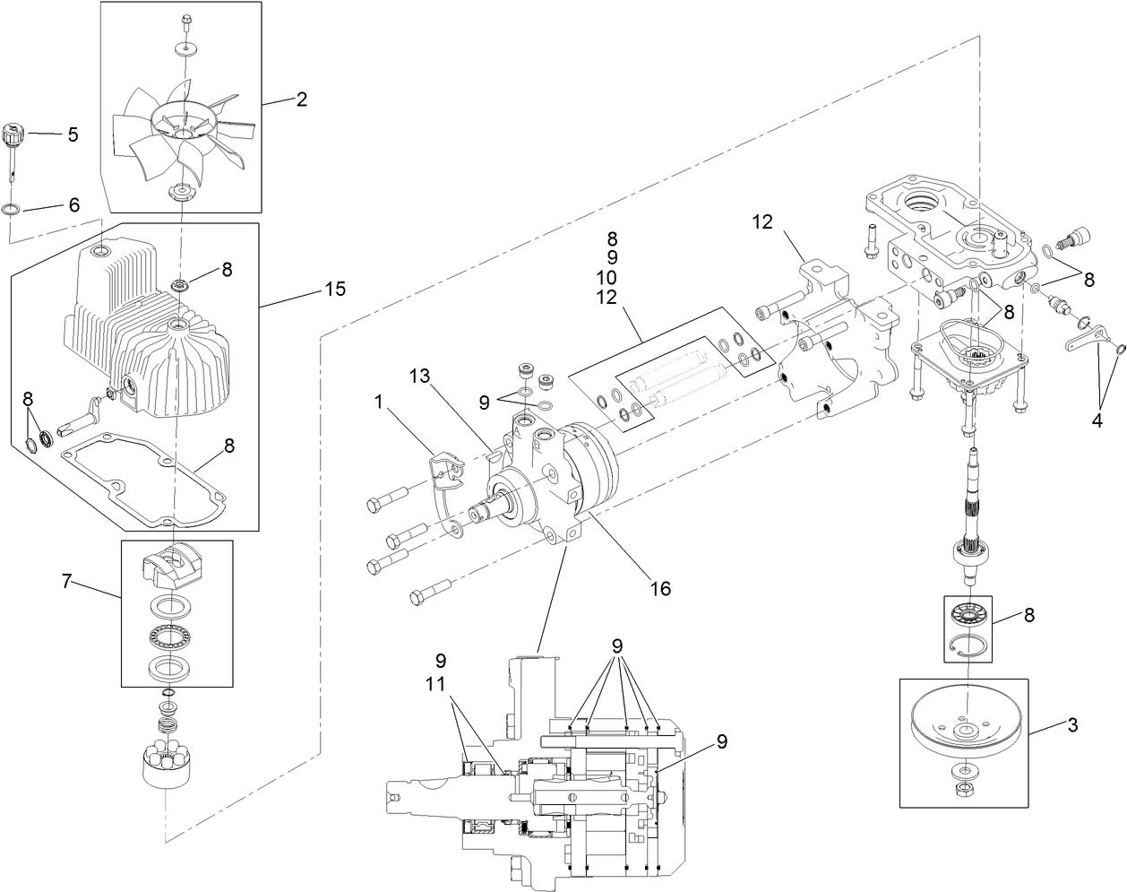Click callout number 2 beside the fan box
tap(302, 100)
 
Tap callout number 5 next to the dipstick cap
tap(73, 135)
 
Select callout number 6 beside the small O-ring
tap(73, 204)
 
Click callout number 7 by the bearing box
tap(66, 583)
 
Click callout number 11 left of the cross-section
tap(439, 682)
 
